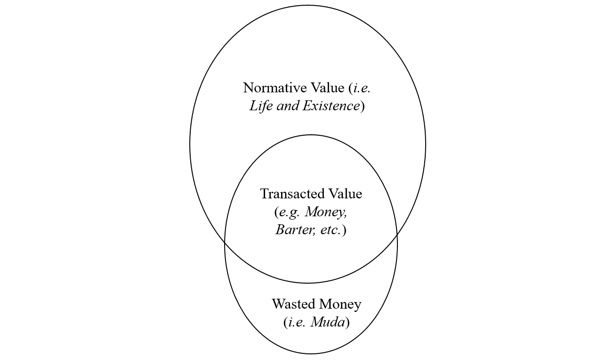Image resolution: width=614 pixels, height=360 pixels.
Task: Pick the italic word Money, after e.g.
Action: [326, 212]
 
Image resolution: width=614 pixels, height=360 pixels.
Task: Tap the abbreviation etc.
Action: [330, 230]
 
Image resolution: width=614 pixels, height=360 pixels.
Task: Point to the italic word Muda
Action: [328, 323]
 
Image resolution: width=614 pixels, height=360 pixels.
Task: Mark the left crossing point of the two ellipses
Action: [225, 242]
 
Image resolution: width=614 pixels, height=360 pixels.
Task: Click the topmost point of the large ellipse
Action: [307, 5]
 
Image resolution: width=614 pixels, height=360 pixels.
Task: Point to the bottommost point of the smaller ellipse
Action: [311, 353]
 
